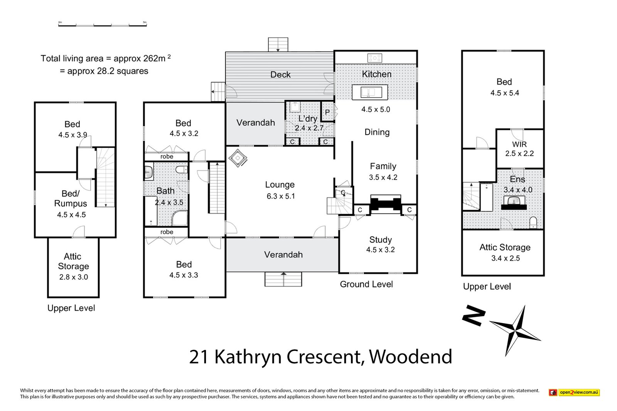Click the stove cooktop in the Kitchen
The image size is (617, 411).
(375, 58)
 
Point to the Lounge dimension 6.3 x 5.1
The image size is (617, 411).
(280, 196)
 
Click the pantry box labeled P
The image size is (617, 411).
(327, 112)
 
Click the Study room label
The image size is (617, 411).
(380, 240)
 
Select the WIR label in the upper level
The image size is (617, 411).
(519, 145)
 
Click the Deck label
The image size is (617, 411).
(280, 75)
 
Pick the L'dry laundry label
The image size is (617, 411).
(307, 119)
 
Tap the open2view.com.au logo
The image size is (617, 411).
(574, 392)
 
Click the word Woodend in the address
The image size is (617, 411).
(410, 357)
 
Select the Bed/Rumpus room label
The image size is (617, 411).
(71, 199)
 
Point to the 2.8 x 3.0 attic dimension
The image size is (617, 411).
(73, 277)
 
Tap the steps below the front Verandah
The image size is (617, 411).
(283, 279)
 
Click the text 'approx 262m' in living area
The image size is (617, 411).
(140, 59)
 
